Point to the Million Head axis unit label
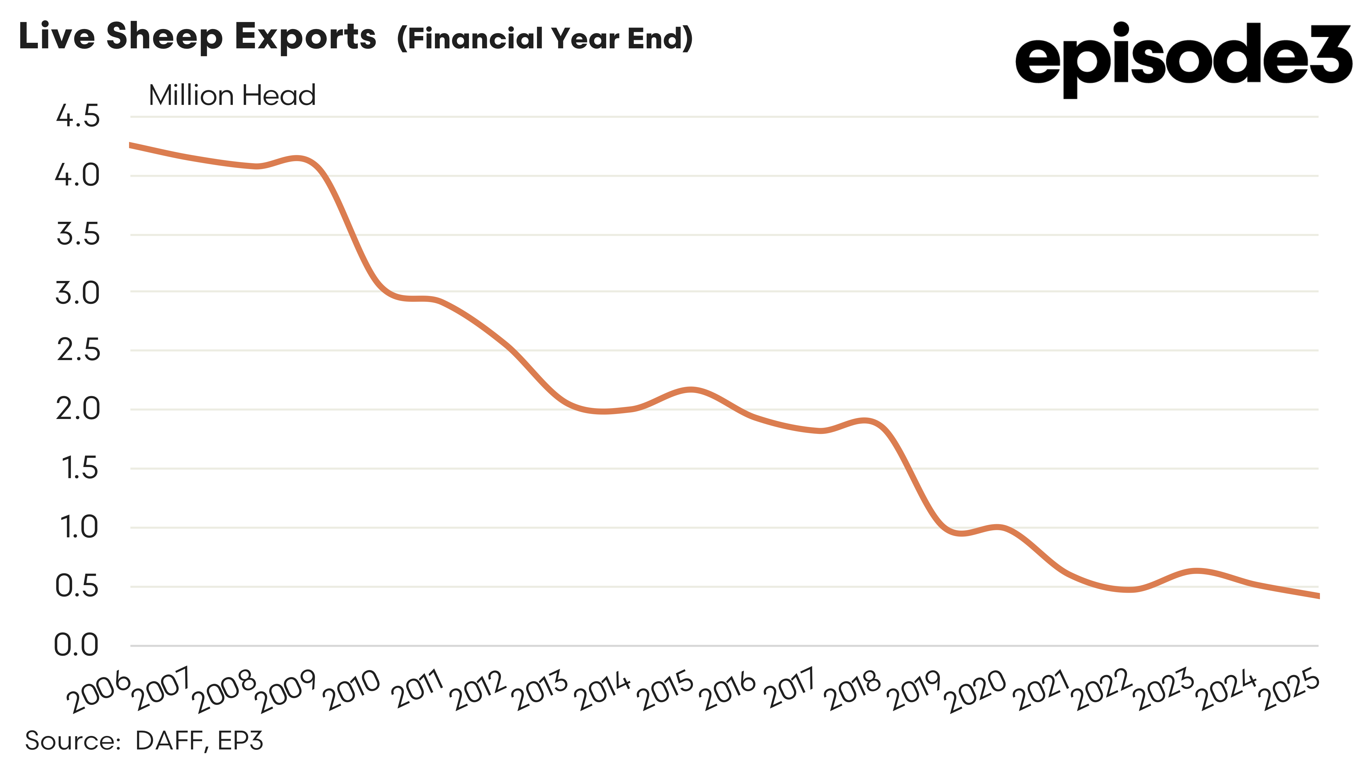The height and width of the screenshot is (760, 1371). pos(232,96)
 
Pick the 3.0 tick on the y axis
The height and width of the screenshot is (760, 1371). pos(78,292)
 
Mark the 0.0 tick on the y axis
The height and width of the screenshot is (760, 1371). pos(77,645)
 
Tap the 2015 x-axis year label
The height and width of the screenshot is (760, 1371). pos(668,691)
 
